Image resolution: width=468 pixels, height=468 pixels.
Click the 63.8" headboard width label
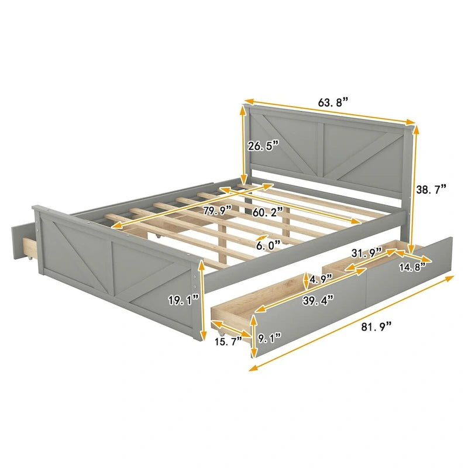click(333, 102)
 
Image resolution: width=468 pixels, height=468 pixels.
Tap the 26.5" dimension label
click(263, 146)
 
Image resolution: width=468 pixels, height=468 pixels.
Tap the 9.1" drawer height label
click(270, 336)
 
